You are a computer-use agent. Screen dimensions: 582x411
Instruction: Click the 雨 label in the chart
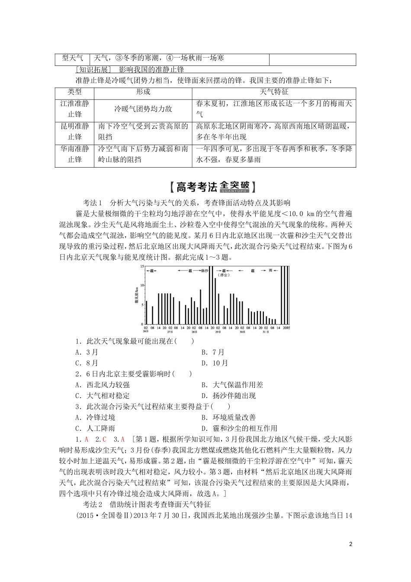tap(271, 270)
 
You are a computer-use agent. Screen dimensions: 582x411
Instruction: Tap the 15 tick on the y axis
tap(142, 267)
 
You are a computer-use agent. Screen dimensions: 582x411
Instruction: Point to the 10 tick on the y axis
tap(142, 286)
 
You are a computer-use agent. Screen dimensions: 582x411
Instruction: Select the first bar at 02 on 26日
tap(147, 312)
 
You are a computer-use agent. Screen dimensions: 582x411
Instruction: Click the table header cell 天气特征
tap(274, 92)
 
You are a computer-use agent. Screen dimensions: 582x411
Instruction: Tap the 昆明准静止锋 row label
tap(74, 131)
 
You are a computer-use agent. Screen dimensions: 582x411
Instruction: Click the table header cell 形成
tap(143, 92)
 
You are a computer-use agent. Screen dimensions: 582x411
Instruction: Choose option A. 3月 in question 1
tap(87, 352)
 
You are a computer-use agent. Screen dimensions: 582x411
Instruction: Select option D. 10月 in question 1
tap(215, 363)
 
